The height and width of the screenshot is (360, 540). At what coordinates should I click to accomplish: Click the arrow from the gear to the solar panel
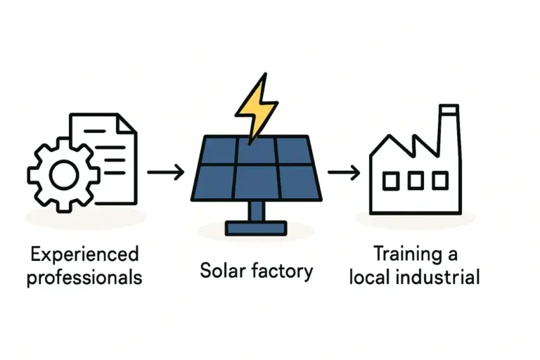click(x=165, y=172)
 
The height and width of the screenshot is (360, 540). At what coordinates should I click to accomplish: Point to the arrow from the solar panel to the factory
click(x=344, y=172)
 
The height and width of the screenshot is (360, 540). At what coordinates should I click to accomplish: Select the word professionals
click(x=84, y=277)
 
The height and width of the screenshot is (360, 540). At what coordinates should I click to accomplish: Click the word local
click(x=371, y=276)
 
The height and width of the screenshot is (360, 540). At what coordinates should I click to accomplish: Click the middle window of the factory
click(x=416, y=181)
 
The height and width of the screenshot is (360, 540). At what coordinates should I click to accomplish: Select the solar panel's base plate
click(x=256, y=228)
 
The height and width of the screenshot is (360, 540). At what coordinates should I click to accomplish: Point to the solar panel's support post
click(x=256, y=210)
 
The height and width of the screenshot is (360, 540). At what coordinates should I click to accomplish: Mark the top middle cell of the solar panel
click(x=256, y=150)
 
